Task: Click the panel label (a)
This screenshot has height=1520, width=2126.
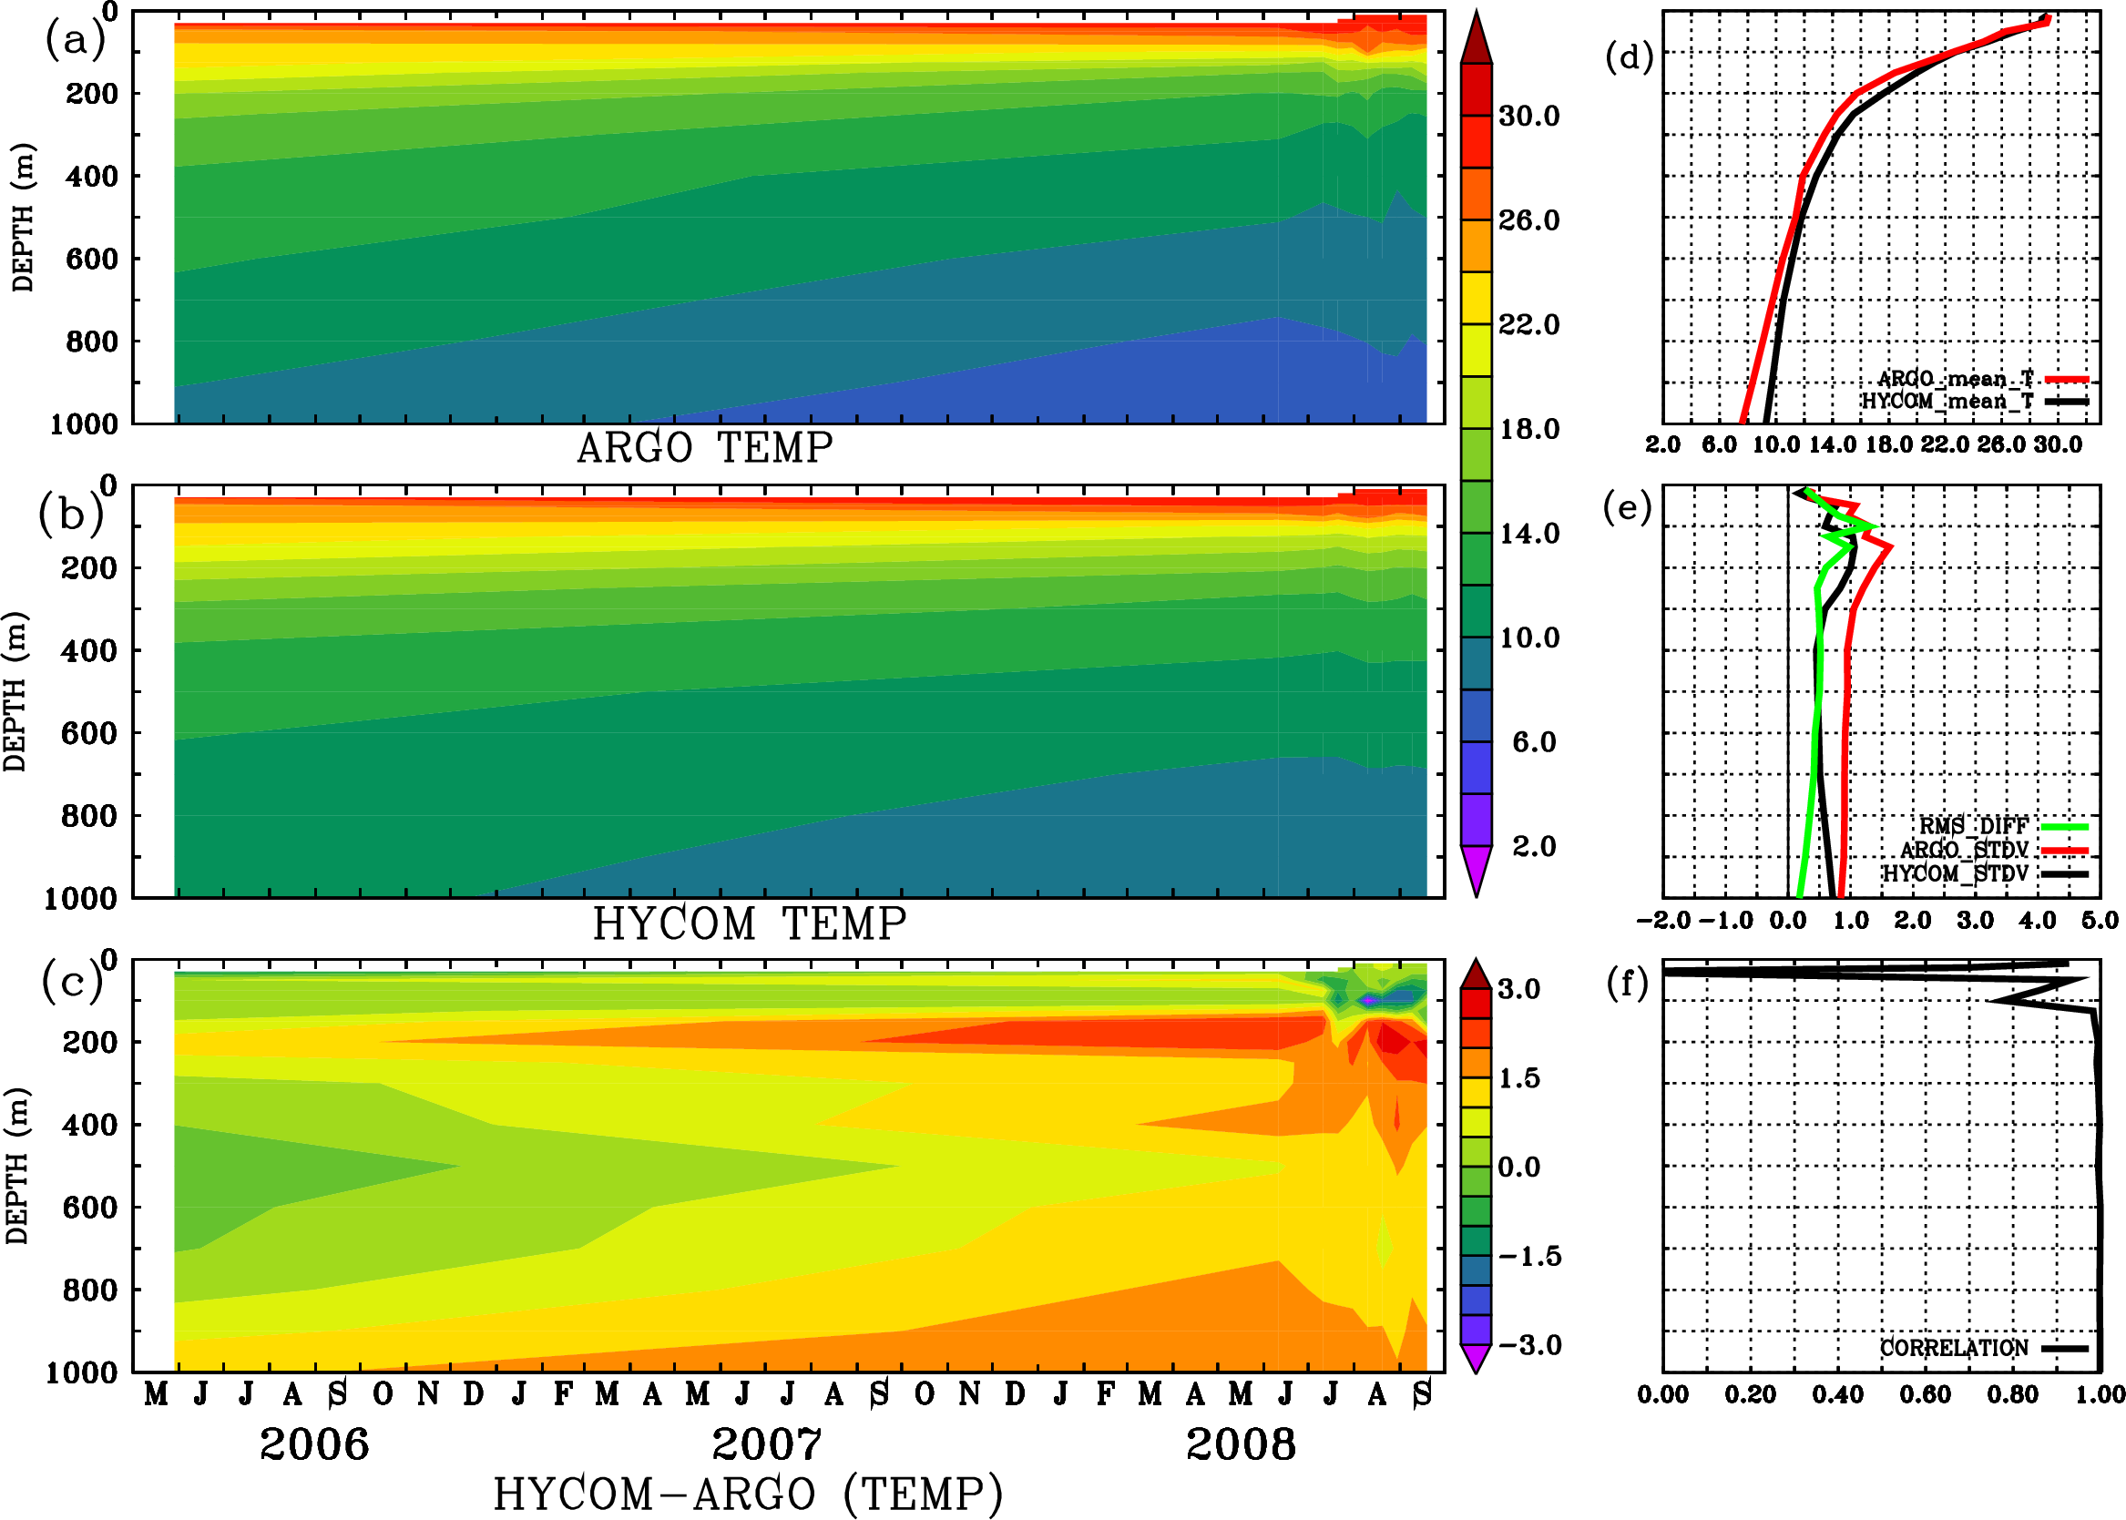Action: [75, 41]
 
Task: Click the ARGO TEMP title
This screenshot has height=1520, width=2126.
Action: [704, 448]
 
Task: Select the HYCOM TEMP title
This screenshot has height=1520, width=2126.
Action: [750, 923]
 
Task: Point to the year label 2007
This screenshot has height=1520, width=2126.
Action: [767, 1444]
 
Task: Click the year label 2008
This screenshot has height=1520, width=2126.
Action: [1241, 1444]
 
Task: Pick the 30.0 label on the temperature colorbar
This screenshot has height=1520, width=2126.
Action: [1528, 116]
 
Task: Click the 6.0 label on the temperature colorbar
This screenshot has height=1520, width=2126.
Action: [1533, 742]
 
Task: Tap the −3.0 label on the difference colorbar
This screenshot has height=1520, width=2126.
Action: [1529, 1345]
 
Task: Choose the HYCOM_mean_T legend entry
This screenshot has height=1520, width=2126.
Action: [1948, 402]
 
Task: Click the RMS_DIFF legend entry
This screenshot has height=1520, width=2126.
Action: [1973, 826]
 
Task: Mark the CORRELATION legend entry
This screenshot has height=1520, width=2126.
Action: [1955, 1348]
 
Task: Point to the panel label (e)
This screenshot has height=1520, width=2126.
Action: [1627, 508]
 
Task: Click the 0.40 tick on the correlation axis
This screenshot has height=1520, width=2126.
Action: [1837, 1394]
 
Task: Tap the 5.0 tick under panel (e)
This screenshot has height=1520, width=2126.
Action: [2100, 920]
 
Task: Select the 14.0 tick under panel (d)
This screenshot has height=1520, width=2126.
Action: [1832, 444]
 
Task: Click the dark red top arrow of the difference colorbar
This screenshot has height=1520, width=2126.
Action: [1476, 974]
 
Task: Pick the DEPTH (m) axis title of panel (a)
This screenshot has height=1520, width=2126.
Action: [23, 217]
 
